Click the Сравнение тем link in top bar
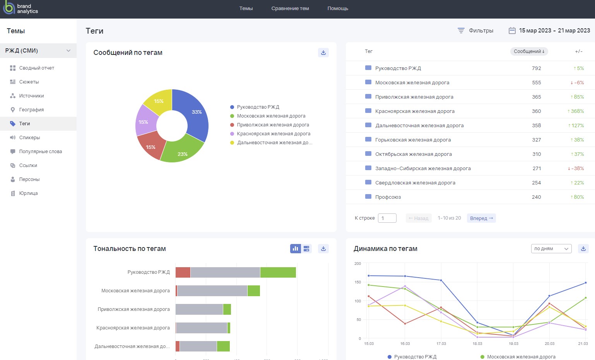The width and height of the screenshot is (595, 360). pos(290,9)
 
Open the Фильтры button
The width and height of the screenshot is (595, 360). pos(475,31)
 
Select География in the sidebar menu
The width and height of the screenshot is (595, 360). pos(31,110)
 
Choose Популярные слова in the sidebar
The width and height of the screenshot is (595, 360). pos(40,152)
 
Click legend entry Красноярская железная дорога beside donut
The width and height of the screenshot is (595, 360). pos(274,134)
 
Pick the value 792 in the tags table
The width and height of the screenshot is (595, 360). pos(536,68)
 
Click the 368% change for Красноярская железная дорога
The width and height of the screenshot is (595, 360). pos(576,111)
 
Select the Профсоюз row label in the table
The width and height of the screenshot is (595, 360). pos(388,197)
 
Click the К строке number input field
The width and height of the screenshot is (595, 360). pos(387,218)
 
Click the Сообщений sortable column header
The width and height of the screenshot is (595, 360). pos(529,51)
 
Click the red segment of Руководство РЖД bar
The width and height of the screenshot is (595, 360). pos(183,272)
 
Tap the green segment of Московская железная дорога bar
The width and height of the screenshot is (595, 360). pos(254,291)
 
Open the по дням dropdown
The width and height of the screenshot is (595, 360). pos(551,249)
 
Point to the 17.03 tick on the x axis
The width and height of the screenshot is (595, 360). pos(441,344)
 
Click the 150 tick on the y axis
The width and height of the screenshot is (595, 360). pos(358,282)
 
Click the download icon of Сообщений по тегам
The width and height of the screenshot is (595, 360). pos(323,53)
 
